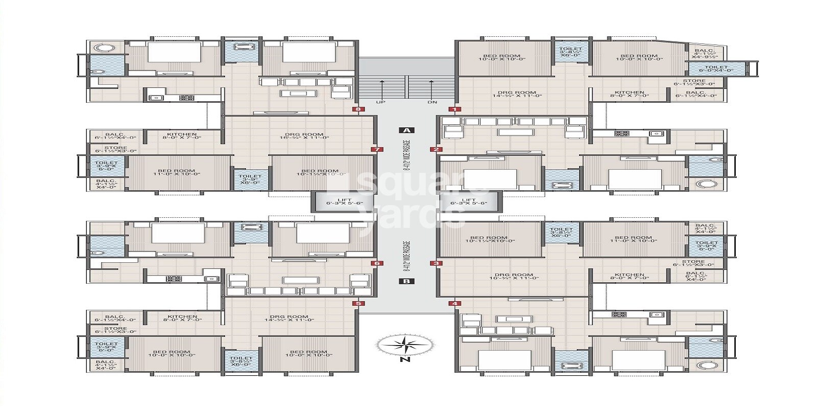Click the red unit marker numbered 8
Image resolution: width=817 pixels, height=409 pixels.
coord(358,109)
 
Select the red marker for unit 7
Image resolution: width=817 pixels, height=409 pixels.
coord(377,150)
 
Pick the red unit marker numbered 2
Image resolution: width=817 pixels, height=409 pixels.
coord(436,150)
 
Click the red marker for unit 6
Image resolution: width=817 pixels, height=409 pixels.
coord(377,264)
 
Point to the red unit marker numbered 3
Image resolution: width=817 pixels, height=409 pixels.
coord(436,264)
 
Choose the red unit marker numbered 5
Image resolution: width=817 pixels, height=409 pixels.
coord(358,304)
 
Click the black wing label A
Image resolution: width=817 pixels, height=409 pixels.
coord(406,130)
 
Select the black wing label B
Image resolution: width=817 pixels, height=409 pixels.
coord(406,281)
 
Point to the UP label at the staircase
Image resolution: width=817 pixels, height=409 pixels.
coord(380,102)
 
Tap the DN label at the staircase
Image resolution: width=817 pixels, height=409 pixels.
coord(432,102)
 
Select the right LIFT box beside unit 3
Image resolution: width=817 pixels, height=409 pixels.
coord(469,201)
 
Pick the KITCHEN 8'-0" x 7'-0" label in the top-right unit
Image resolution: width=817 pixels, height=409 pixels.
coord(629,93)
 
